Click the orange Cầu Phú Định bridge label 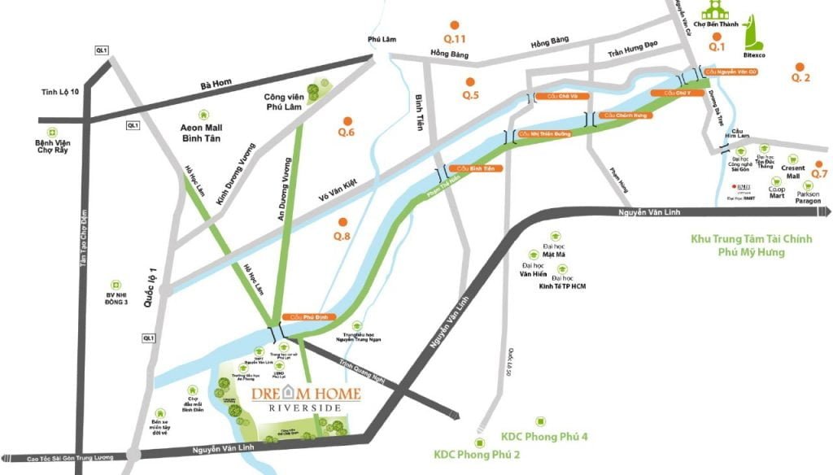pyautogui.click(x=302, y=316)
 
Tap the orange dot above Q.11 pyautogui.click(x=456, y=25)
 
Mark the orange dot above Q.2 pyautogui.click(x=800, y=67)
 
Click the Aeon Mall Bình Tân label pyautogui.click(x=203, y=133)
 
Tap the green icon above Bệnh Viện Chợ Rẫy pyautogui.click(x=52, y=132)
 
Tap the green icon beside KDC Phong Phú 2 pyautogui.click(x=479, y=442)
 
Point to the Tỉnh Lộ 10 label pyautogui.click(x=61, y=91)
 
